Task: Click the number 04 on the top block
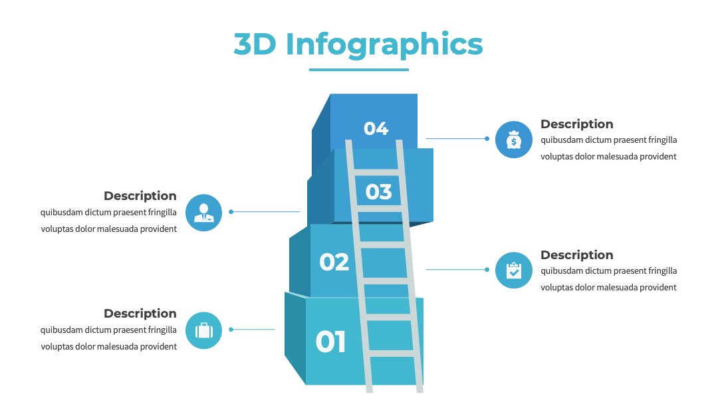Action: point(376,128)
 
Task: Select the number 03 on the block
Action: point(379,192)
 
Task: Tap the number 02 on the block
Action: point(334,262)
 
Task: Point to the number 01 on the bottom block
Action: point(330,342)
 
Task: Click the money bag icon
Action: point(514,140)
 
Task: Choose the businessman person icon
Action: point(204,213)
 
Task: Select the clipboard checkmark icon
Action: point(514,270)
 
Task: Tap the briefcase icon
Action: point(204,330)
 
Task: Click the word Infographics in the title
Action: point(384,45)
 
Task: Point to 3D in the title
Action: point(255,45)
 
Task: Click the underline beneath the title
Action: point(359,70)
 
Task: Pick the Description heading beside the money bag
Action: point(576,124)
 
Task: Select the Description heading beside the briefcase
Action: point(140,314)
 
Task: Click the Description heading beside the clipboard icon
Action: point(576,255)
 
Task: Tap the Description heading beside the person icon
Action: point(140,196)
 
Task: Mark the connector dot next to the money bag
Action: point(487,139)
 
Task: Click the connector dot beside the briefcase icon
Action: point(231,330)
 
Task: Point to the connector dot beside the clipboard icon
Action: point(487,270)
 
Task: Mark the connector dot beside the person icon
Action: point(231,212)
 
